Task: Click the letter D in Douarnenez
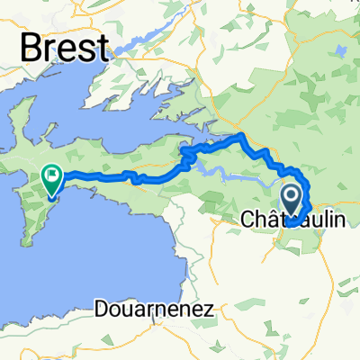pos(100,309)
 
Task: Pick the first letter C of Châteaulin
pos(250,219)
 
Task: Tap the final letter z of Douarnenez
pos(210,310)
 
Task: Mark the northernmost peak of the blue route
pos(240,136)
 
